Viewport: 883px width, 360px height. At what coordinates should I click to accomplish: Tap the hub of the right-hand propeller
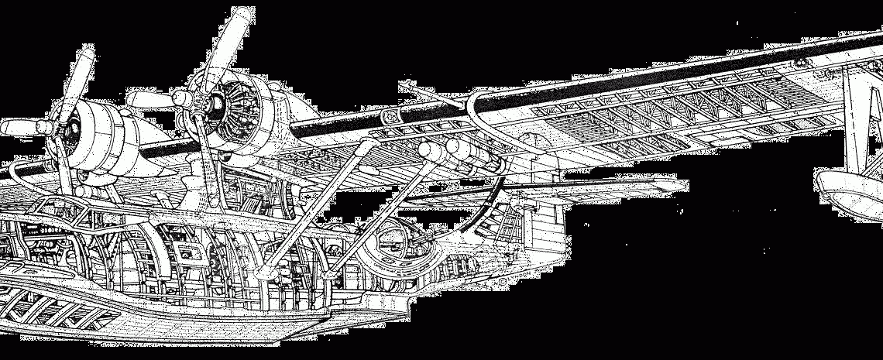pyautogui.click(x=183, y=99)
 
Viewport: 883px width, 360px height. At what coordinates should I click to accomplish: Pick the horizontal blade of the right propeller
pyautogui.click(x=147, y=99)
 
